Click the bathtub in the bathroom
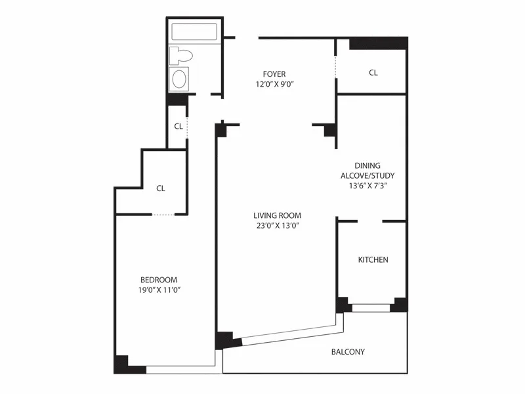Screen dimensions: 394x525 (x=194, y=32)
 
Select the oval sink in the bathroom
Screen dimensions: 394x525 (x=179, y=79)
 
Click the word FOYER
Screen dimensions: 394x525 (x=274, y=74)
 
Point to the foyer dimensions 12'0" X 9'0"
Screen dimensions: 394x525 (x=274, y=84)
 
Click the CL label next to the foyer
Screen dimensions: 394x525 (x=373, y=73)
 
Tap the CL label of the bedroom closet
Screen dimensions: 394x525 (x=161, y=188)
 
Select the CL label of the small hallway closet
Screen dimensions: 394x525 (x=178, y=126)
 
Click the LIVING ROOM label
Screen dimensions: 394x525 (x=277, y=215)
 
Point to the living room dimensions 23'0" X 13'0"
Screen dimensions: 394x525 (x=277, y=225)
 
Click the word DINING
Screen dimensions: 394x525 (x=367, y=166)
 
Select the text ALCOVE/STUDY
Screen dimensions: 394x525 (x=367, y=176)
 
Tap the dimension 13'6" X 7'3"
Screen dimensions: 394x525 (x=367, y=186)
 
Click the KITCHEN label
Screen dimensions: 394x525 (x=373, y=260)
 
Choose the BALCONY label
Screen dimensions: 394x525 (x=348, y=352)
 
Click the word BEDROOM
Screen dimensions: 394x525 (x=158, y=280)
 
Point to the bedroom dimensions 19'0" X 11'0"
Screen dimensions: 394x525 (x=158, y=290)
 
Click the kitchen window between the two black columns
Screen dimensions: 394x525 (x=371, y=307)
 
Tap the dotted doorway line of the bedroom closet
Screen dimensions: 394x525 (x=163, y=215)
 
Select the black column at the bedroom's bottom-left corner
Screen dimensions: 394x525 (x=121, y=363)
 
